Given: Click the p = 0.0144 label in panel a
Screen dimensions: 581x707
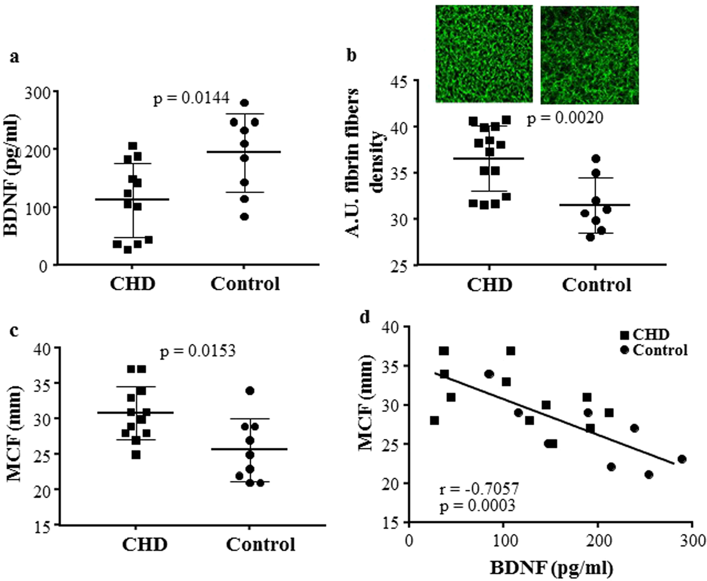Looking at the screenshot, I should pyautogui.click(x=191, y=98).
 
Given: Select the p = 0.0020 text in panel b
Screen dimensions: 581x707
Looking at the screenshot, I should pyautogui.click(x=565, y=118).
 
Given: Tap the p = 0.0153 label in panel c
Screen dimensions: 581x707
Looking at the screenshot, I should pyautogui.click(x=198, y=351).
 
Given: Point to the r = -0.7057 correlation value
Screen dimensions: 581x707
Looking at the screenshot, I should pyautogui.click(x=479, y=489).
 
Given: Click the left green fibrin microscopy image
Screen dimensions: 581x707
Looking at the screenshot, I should pyautogui.click(x=483, y=54).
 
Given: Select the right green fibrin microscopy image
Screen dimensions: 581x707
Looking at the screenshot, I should pyautogui.click(x=589, y=55).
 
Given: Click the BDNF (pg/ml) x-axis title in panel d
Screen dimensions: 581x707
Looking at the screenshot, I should pyautogui.click(x=551, y=567).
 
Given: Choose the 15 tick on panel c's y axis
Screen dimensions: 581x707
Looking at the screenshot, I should pyautogui.click(x=43, y=527).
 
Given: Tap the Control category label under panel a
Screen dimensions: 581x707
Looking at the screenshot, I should pyautogui.click(x=245, y=284).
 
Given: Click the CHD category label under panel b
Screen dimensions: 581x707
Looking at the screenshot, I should pyautogui.click(x=489, y=285).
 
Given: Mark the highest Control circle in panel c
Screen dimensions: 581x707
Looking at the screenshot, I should pyautogui.click(x=250, y=390).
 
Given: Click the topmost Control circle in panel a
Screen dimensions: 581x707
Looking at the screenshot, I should pyautogui.click(x=244, y=103).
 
